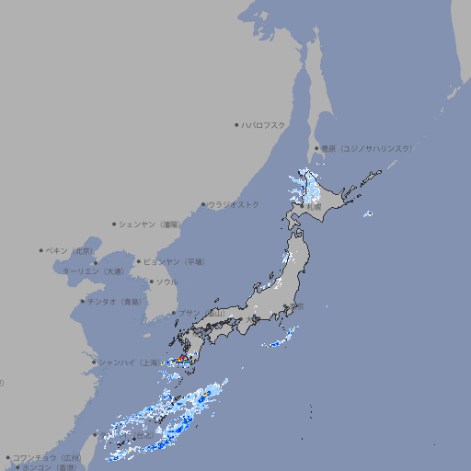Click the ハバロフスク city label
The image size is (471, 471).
tap(263, 124)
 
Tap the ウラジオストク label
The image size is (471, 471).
tap(234, 204)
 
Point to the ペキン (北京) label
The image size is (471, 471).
tap(70, 250)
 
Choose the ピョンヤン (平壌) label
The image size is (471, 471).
tap(174, 261)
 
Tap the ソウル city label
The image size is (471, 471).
tap(167, 281)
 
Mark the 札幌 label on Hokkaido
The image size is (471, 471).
tap(314, 208)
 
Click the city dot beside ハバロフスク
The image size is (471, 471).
tap(236, 124)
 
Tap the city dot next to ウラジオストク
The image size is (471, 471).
tap(203, 204)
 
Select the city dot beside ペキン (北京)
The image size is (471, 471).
tap(41, 250)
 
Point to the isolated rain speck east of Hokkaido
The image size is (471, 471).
tap(368, 214)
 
